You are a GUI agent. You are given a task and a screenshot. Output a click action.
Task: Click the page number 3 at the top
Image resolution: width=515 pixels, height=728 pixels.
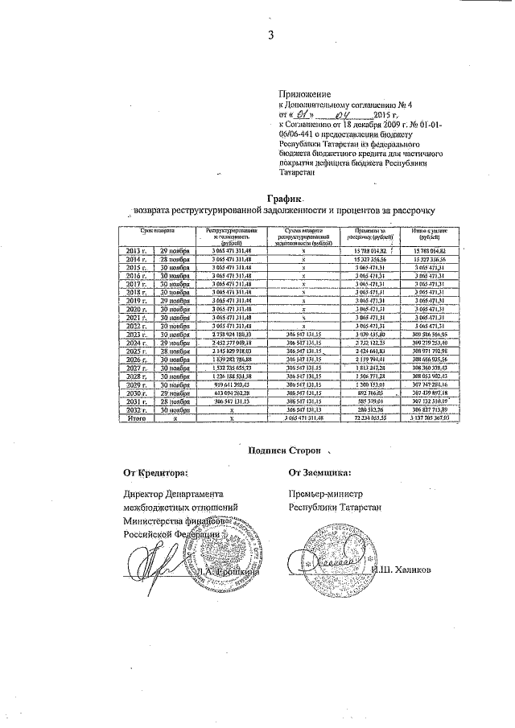(271, 35)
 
